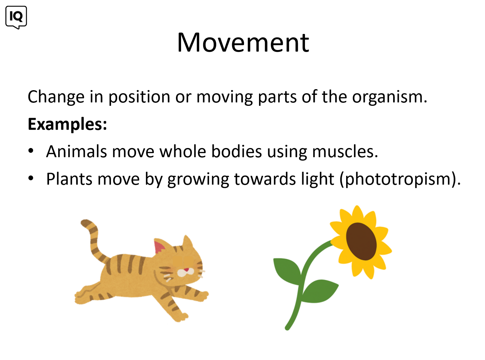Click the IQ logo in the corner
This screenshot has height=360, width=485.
coord(16,17)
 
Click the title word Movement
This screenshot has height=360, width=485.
coord(243,42)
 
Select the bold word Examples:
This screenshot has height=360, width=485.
coord(67,124)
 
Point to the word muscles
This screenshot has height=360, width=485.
coord(345,151)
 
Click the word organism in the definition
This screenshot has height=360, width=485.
coord(389,97)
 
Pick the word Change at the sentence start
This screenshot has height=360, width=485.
coord(56,97)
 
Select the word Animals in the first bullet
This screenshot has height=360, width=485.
coord(77,151)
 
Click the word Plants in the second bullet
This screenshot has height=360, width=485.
coord(69,179)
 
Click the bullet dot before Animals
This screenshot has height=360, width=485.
coord(31,151)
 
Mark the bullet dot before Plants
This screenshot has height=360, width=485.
coord(31,178)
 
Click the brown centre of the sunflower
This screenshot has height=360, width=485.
coord(361,241)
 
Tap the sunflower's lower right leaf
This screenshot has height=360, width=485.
coord(320,291)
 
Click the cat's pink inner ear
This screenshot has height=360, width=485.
coord(159,246)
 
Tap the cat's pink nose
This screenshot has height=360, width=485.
coord(186,270)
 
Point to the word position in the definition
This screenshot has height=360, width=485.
coord(139,97)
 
